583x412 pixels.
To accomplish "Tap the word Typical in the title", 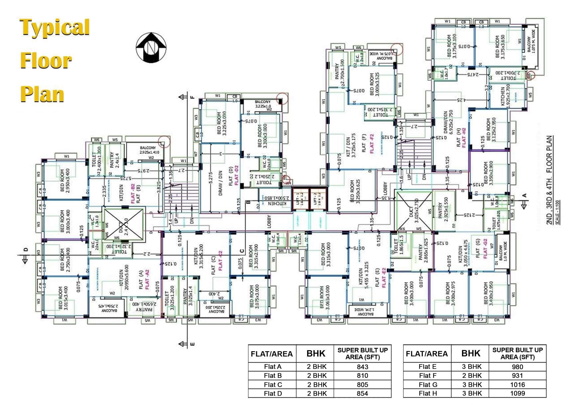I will tap(55, 27).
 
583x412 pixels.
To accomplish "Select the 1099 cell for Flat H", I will tap(518, 393).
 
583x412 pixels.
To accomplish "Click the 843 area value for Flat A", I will tap(362, 367).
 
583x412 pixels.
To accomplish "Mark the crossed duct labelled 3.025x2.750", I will tap(413, 210).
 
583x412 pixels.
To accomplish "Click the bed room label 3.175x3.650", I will tap(500, 47).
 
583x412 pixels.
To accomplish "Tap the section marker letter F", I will tap(192, 97).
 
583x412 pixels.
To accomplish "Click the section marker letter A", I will tap(525, 195).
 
